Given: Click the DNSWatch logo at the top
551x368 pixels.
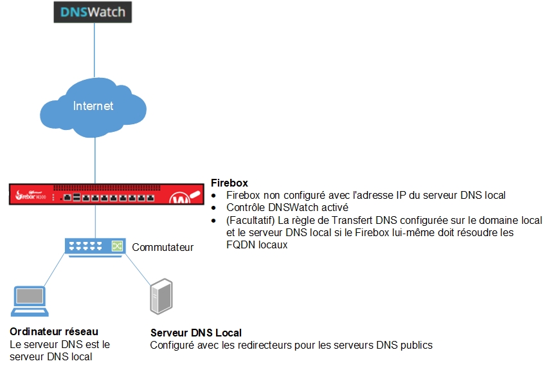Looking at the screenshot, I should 93,12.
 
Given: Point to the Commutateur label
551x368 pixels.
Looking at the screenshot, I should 163,247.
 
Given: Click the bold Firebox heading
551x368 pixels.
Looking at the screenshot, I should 229,183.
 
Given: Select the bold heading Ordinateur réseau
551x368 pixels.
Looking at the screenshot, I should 54,331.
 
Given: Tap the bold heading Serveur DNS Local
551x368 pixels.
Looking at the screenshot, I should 196,333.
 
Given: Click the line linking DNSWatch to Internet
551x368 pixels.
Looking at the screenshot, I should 95,51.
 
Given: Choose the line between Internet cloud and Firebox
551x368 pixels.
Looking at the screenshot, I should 95,161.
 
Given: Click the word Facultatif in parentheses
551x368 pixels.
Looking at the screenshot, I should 252,220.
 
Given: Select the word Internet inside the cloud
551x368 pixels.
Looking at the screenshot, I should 93,106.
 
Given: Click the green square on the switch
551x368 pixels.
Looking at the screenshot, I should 117,246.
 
